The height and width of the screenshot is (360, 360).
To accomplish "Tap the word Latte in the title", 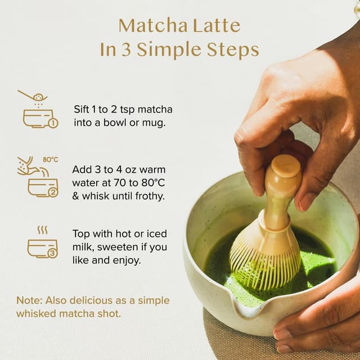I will (217, 25).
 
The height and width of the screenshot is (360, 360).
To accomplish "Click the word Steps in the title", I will (231, 49).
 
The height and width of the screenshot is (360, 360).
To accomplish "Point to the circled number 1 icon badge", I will (53, 123).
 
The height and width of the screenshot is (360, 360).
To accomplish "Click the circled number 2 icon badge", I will (53, 192).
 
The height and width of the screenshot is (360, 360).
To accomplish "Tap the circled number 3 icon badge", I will (52, 253).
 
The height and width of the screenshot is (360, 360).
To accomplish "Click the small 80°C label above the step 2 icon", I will (51, 160).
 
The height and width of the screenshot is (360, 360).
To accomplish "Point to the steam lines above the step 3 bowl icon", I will (42, 230).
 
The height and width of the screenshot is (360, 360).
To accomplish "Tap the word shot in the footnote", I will (109, 313).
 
